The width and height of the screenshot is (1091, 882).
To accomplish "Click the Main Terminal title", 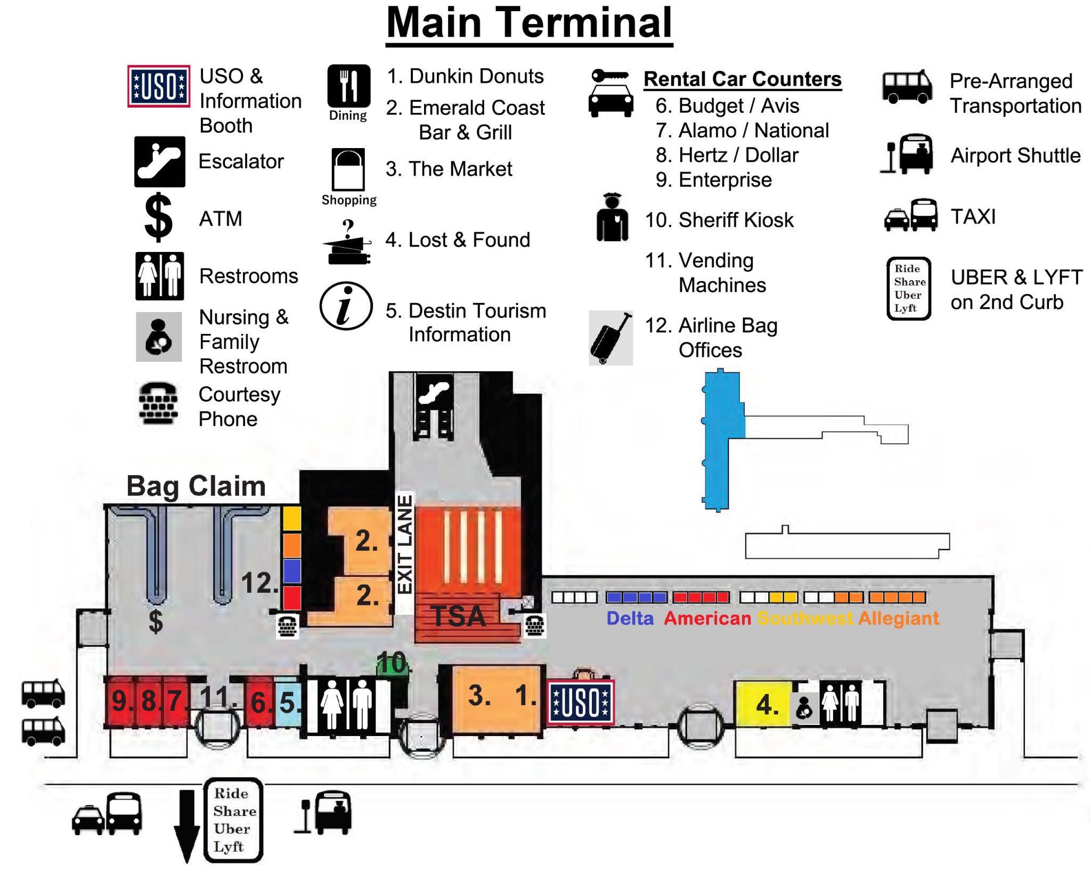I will tap(528, 23).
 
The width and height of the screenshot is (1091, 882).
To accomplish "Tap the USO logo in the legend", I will tap(158, 86).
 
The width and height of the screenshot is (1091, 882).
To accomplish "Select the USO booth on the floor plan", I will tap(581, 703).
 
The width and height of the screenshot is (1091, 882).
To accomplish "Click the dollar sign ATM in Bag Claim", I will tap(156, 621).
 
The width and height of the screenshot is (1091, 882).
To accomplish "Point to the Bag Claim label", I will tap(196, 486).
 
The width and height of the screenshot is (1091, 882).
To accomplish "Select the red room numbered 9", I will tap(120, 701).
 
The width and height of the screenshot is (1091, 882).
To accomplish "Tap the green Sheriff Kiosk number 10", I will tap(392, 664).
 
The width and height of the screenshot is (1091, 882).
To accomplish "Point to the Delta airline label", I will tap(630, 618).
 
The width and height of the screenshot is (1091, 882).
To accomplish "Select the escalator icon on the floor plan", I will tap(435, 393).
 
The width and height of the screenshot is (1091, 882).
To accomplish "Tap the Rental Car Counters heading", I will tap(743, 79).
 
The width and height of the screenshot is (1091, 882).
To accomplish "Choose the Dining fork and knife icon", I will tap(348, 86).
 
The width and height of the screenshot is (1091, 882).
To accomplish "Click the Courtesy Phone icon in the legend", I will tap(158, 404).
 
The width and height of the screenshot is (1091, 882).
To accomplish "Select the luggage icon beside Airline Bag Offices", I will tap(610, 338).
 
